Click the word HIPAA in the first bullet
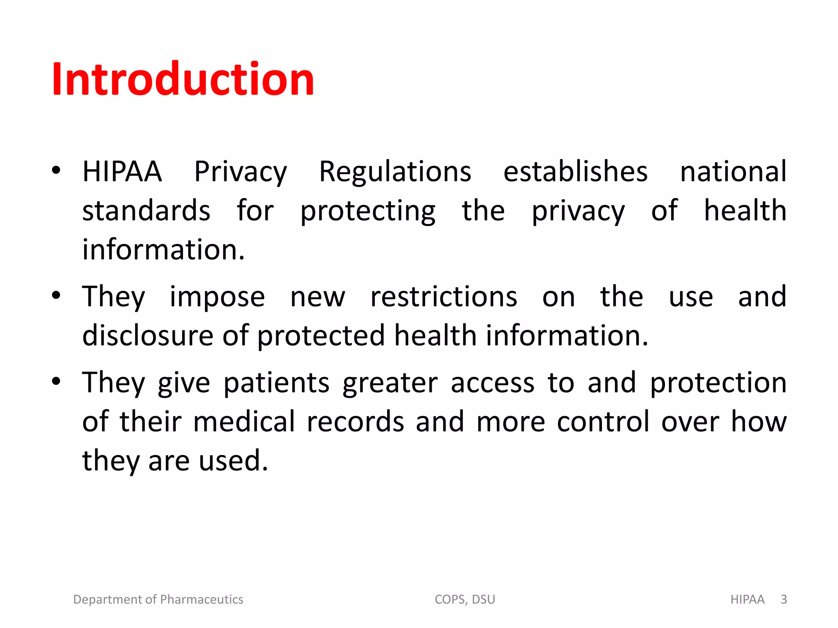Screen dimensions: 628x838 click(122, 171)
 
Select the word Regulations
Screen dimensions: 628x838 click(395, 171)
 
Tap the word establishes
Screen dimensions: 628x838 click(575, 171)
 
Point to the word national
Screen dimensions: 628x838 click(733, 171)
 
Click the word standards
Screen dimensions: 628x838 click(146, 211)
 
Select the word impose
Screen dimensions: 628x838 click(217, 297)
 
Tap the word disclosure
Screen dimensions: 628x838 click(148, 336)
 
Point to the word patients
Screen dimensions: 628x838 click(277, 383)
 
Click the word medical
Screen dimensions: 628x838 click(244, 422)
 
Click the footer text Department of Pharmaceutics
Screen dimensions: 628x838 click(158, 599)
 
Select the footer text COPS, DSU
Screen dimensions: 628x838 click(465, 599)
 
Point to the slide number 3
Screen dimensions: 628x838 click(784, 599)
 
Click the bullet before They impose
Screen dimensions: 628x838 click(56, 295)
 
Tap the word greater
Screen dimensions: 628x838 click(390, 383)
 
